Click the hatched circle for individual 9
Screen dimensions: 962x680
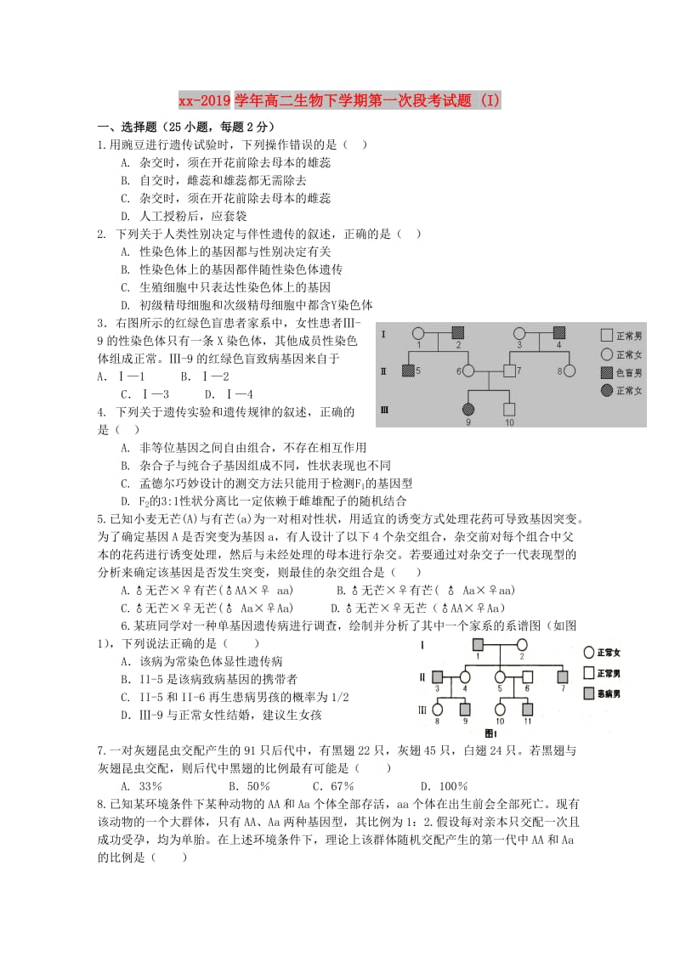coord(467,409)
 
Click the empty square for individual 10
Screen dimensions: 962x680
coord(509,409)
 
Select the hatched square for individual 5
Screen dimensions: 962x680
coord(408,371)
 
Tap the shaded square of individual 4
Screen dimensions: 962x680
coord(559,333)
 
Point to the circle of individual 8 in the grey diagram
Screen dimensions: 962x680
coord(569,371)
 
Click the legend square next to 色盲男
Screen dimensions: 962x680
coord(606,372)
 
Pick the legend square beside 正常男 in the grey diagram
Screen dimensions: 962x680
coord(606,336)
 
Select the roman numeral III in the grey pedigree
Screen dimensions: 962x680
coord(385,410)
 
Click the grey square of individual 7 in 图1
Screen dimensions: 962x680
coord(564,676)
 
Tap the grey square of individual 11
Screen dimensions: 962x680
coord(528,708)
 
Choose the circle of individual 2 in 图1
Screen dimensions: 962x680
coord(522,644)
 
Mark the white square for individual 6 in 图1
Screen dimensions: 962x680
coord(527,676)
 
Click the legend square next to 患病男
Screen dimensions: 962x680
coord(589,693)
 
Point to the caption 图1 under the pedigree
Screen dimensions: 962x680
coord(490,732)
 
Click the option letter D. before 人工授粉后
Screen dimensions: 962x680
coord(125,216)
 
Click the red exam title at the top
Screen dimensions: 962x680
coord(340,101)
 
